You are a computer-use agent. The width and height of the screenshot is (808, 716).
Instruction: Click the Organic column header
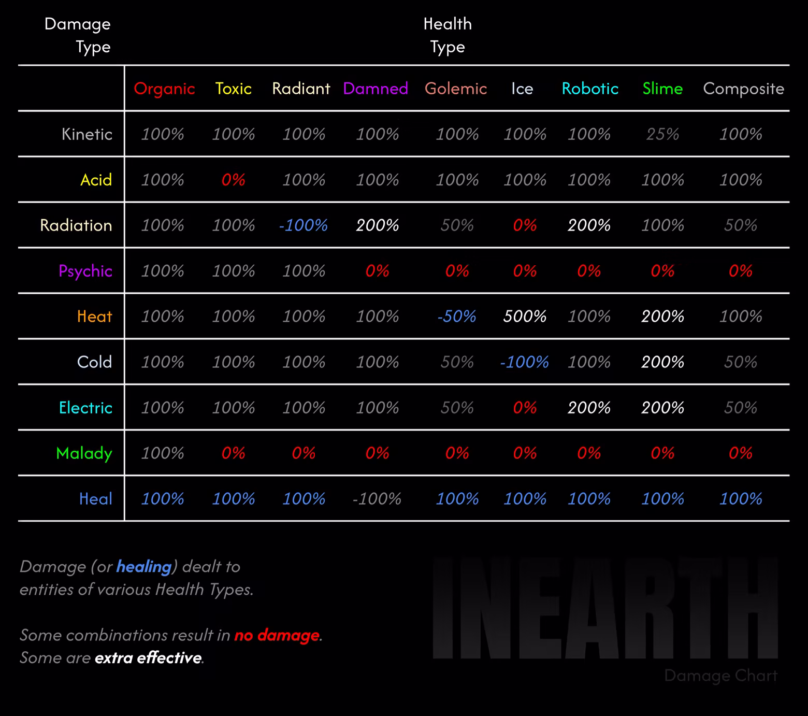tap(164, 89)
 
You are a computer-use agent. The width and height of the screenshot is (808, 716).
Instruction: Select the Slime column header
tap(662, 89)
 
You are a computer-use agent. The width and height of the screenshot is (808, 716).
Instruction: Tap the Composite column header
tap(743, 89)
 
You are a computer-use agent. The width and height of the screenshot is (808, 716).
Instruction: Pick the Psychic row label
tap(85, 271)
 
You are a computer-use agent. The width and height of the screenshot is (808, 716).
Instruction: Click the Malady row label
tap(84, 453)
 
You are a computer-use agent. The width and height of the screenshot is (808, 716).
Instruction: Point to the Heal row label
tap(95, 499)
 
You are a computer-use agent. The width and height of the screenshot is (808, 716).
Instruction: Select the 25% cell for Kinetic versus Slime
tap(662, 134)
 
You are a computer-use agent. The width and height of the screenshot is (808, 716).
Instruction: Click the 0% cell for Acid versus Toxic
tap(233, 180)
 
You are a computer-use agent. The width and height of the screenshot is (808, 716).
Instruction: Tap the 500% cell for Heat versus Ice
tap(524, 317)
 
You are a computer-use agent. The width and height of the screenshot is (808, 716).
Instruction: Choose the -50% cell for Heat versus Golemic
tap(456, 317)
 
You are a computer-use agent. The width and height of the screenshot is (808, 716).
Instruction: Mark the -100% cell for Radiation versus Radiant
tap(303, 225)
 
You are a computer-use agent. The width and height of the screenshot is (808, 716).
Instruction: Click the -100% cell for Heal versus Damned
tap(377, 499)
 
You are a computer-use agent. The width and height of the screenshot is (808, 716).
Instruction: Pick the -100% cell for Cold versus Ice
tap(524, 362)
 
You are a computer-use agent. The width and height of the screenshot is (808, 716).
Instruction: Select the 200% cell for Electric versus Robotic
tap(589, 408)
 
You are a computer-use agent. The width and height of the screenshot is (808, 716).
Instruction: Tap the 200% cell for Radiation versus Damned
tap(377, 225)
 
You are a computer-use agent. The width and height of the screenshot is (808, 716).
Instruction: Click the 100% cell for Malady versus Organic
tap(163, 453)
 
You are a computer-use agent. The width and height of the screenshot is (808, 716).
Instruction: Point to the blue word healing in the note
tap(143, 567)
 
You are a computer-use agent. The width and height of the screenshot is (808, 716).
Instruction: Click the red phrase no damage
tap(277, 635)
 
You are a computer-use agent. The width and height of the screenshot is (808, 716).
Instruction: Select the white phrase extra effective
tap(148, 658)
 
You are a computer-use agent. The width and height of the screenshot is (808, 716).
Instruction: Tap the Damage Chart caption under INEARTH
tap(720, 676)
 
